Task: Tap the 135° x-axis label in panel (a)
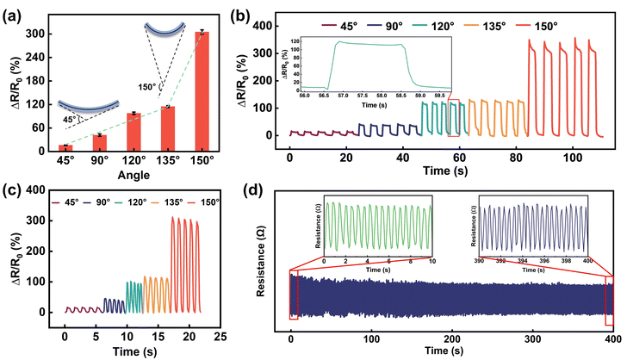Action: [167, 160]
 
